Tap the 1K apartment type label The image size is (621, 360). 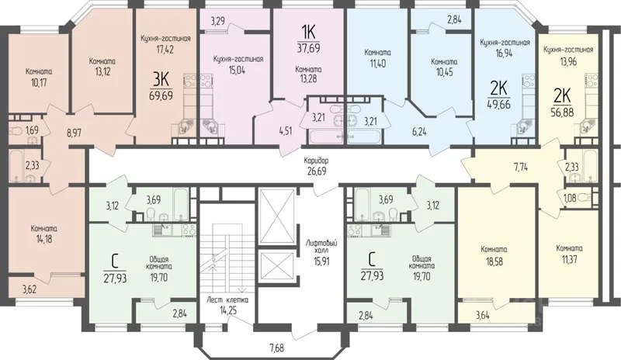(x=308, y=31)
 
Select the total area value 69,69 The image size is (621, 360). (x=161, y=95)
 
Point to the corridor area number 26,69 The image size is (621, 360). (x=316, y=171)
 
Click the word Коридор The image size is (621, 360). (x=316, y=161)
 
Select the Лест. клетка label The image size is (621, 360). (x=227, y=299)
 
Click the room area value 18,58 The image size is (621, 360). (x=494, y=261)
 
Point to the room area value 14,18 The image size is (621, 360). (x=44, y=239)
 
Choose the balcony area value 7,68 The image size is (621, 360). (x=277, y=348)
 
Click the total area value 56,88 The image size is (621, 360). (x=562, y=111)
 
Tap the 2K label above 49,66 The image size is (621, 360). (x=498, y=89)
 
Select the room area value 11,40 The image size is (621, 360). (x=377, y=63)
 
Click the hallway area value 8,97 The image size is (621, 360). (x=74, y=133)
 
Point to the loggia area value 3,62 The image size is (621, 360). (x=29, y=289)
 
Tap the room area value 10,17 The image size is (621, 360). (x=39, y=83)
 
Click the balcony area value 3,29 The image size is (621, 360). (x=218, y=21)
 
